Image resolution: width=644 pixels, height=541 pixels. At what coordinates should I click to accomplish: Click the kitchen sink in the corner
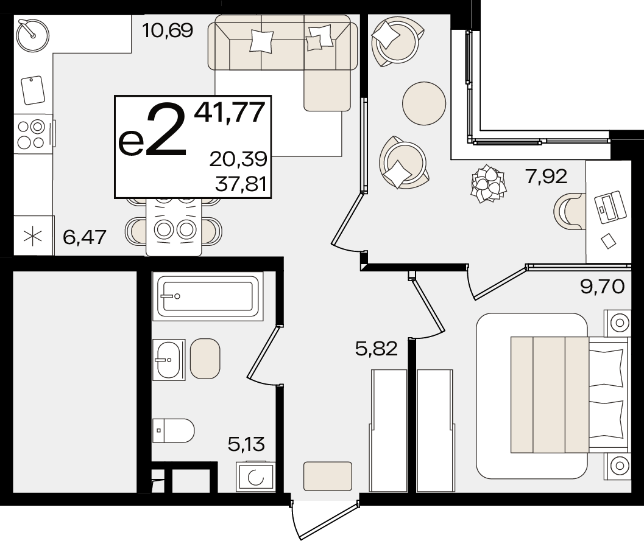(x=33, y=35)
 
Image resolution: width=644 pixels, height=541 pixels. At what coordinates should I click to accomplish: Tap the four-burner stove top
(x=32, y=134)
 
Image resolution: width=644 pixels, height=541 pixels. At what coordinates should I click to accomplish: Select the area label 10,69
(x=167, y=30)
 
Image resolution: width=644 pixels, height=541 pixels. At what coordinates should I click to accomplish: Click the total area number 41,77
(x=230, y=112)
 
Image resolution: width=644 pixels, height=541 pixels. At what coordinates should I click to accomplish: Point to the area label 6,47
(x=85, y=237)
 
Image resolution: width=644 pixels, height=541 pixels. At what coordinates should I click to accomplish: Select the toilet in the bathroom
(x=173, y=431)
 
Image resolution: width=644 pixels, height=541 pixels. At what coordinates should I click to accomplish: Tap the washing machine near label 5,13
(x=255, y=476)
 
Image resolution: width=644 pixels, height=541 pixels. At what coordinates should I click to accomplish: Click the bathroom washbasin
(x=168, y=360)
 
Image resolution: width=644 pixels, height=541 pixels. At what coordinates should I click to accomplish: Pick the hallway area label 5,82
(x=377, y=349)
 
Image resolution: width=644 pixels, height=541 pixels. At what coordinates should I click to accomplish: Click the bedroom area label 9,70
(x=602, y=286)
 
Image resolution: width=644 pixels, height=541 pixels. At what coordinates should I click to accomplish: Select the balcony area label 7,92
(x=547, y=176)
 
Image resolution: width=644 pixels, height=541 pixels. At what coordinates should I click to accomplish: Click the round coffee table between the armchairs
(x=424, y=103)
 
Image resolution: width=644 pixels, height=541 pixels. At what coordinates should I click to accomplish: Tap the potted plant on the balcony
(x=489, y=184)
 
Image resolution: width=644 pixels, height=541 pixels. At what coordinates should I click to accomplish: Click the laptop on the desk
(x=610, y=207)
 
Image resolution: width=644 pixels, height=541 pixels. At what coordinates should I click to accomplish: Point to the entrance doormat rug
(x=328, y=476)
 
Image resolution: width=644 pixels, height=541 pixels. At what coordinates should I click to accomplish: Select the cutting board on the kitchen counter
(x=33, y=90)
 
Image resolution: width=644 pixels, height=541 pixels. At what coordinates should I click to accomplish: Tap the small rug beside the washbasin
(x=205, y=358)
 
